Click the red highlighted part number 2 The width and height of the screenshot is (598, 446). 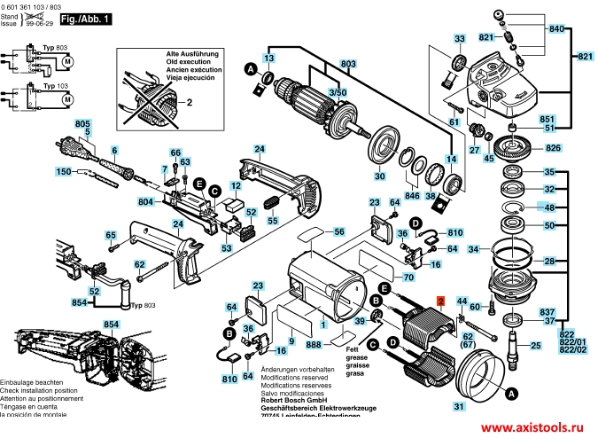coord(440,303)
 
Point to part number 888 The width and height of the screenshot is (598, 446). coord(314,343)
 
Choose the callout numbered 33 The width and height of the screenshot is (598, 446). coord(459,39)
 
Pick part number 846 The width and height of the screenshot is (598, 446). coord(410,194)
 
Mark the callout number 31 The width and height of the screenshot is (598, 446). coord(459,406)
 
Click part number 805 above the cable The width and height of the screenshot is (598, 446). coord(82,122)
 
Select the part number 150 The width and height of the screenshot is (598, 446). coord(63,170)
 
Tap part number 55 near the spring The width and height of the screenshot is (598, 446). coord(274,220)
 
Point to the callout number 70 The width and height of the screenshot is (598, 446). coord(409,278)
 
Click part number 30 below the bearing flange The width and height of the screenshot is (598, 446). coord(380,177)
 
